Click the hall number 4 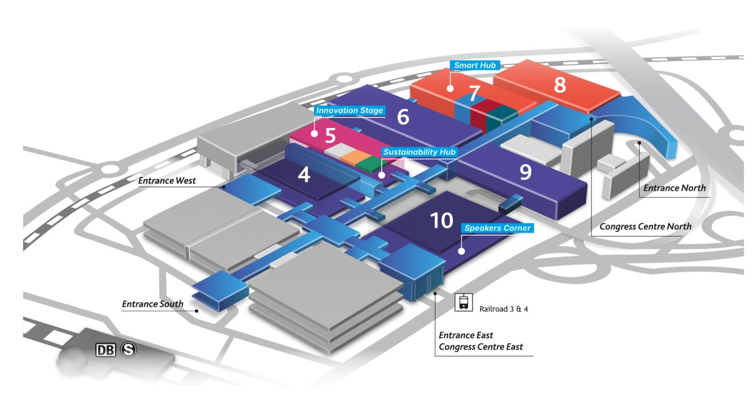click(304, 174)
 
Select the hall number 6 click(403, 117)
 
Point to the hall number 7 click(474, 90)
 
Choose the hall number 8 click(560, 84)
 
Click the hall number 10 click(441, 220)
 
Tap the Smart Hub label click(475, 66)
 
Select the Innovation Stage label click(349, 111)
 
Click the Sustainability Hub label click(420, 152)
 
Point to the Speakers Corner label click(498, 228)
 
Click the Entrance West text click(167, 181)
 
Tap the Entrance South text click(152, 304)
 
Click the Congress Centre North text click(645, 226)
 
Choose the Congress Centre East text click(481, 347)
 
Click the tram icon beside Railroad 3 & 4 click(463, 302)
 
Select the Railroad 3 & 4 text click(504, 309)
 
